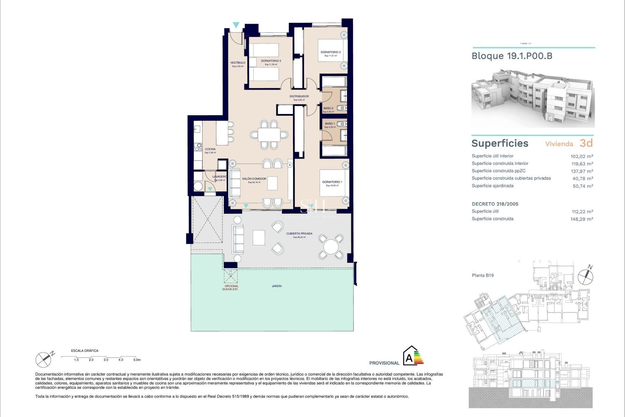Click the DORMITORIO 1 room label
tap(332, 182)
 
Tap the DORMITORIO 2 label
tap(330, 52)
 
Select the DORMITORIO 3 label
tap(271, 61)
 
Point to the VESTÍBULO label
tap(238, 63)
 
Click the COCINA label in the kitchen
tap(210, 149)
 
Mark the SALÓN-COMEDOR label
tap(254, 179)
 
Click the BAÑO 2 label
tap(328, 108)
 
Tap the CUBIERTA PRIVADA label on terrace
tap(299, 234)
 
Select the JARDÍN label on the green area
tap(277, 286)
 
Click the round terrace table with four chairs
tap(331, 247)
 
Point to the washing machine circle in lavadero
tap(198, 186)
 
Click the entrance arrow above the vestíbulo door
tap(236, 25)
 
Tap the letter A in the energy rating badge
tap(409, 358)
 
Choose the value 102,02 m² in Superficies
tap(582, 156)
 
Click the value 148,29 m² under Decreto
tap(582, 219)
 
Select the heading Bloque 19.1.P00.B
tap(512, 56)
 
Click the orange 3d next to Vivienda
tap(586, 143)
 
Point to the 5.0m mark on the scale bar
tap(137, 360)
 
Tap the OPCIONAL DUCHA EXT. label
tap(230, 288)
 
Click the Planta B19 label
tap(483, 275)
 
